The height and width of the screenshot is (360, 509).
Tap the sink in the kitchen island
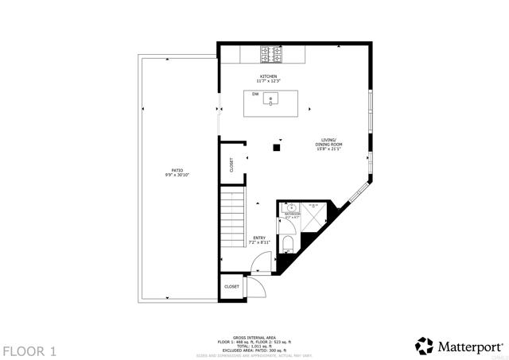(272, 99)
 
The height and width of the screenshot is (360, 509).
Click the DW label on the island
(255, 95)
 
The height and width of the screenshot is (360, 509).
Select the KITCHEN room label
(267, 76)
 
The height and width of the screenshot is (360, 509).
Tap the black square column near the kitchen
(277, 147)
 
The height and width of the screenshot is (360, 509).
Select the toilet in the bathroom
(288, 244)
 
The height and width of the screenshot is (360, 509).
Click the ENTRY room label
(259, 238)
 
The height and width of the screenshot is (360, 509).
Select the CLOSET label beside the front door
(231, 286)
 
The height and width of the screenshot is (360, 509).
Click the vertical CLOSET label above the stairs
(231, 165)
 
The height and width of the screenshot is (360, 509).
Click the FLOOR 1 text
(29, 350)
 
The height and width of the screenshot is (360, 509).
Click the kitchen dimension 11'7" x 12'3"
(267, 81)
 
